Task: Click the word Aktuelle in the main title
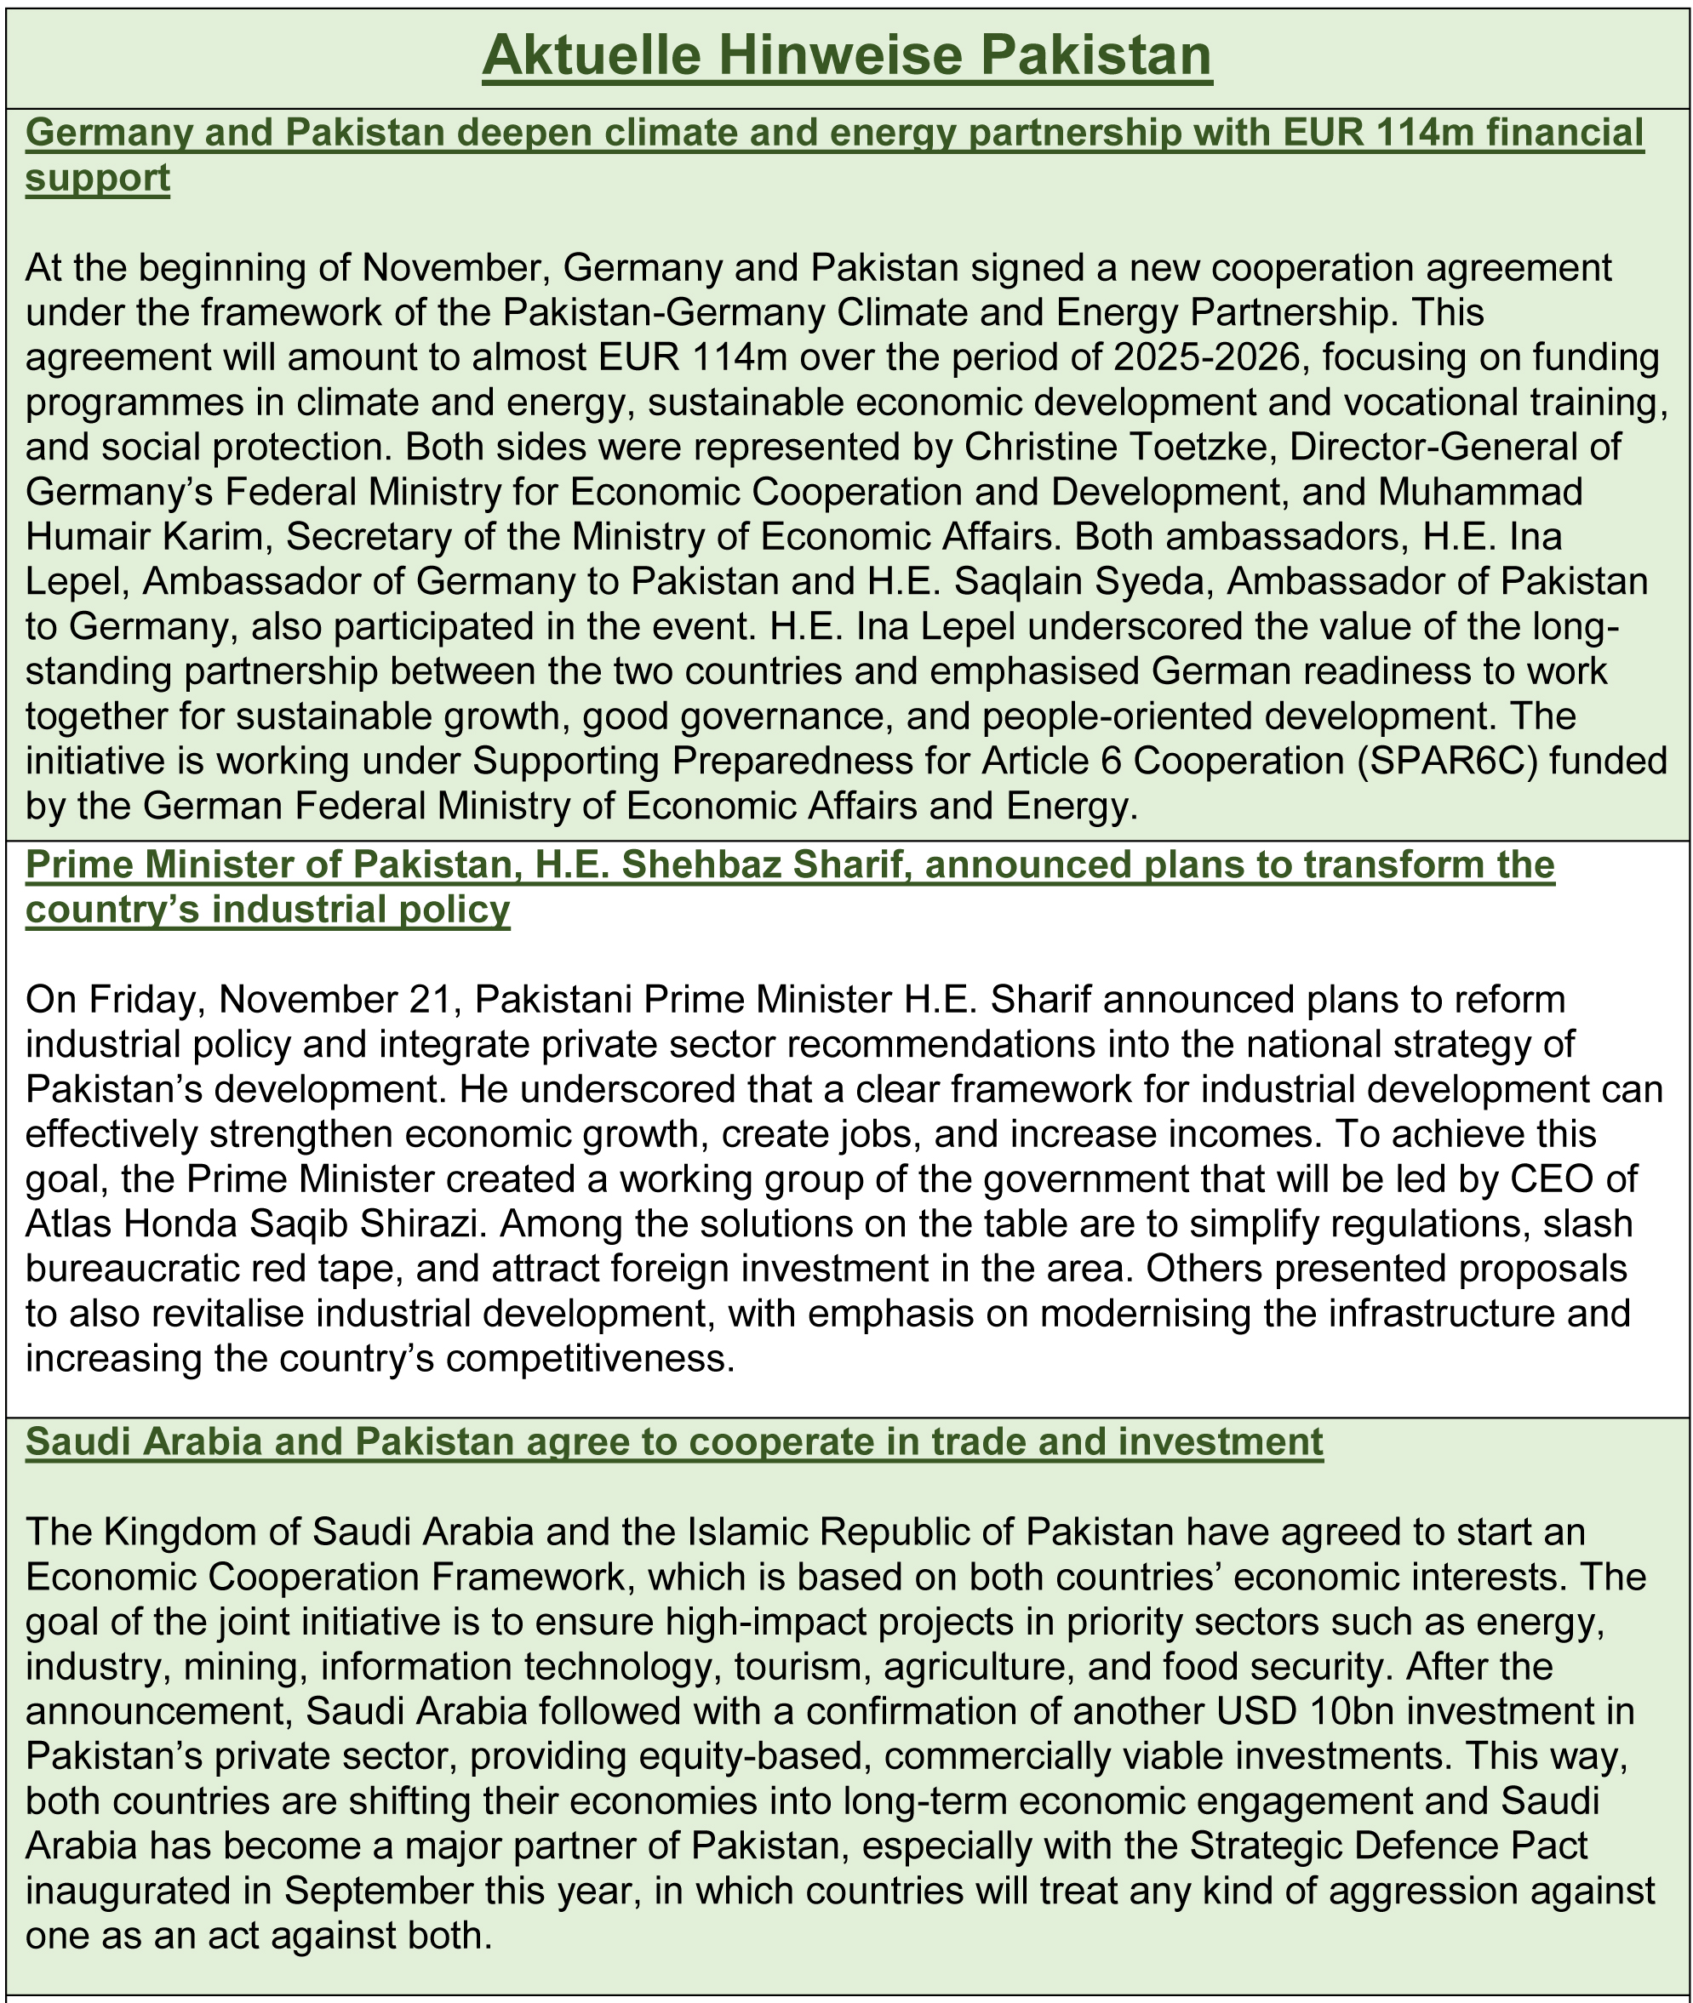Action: tap(592, 55)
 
